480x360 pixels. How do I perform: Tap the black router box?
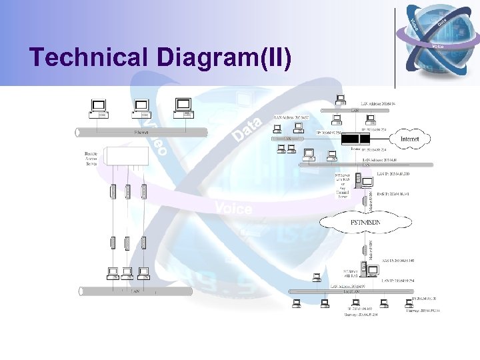(x=346, y=139)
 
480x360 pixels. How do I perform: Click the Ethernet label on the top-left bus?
(x=141, y=132)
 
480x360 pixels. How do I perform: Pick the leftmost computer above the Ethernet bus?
(x=99, y=107)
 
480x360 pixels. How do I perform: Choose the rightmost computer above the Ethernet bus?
(x=182, y=107)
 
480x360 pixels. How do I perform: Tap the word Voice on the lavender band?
(x=233, y=209)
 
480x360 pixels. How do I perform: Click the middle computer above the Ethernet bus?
(x=141, y=107)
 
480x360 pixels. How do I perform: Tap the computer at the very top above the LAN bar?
(x=341, y=100)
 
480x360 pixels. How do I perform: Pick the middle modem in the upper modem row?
(x=128, y=191)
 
